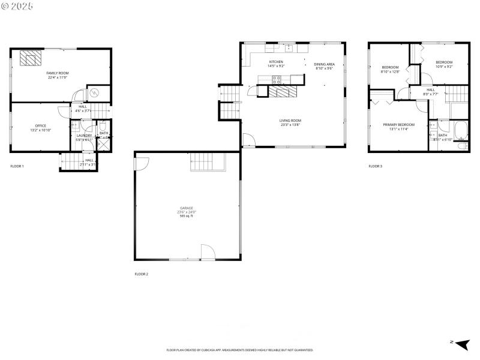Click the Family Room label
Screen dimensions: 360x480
[58, 75]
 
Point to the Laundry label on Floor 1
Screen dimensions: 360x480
[83, 136]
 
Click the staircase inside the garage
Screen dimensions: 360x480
[207, 162]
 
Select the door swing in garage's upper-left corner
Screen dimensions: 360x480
[142, 163]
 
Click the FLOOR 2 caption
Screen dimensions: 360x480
[141, 274]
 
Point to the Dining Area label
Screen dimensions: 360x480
[324, 66]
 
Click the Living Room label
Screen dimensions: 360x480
[290, 122]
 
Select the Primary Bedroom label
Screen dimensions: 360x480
[398, 126]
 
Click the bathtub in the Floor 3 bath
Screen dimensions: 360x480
[461, 130]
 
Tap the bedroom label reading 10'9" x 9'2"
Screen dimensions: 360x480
[444, 64]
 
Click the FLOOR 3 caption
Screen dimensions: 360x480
[375, 166]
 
